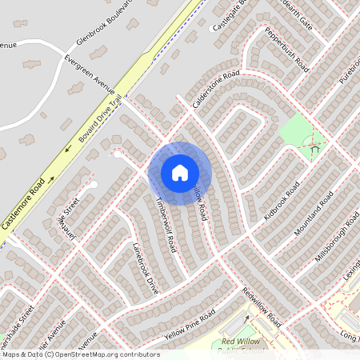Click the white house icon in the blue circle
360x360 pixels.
(x=180, y=173)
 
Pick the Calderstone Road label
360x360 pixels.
(x=216, y=89)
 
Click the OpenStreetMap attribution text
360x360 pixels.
(x=80, y=354)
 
